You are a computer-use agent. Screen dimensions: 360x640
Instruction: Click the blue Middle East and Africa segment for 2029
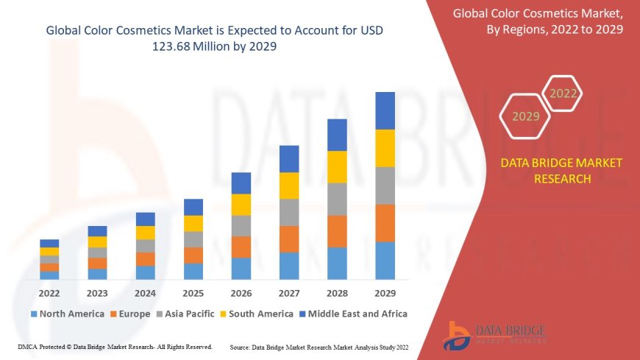coord(385,110)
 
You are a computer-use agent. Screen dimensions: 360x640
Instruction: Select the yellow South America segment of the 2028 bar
coord(337,167)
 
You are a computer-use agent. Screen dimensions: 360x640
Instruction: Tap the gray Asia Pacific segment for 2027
coord(289,212)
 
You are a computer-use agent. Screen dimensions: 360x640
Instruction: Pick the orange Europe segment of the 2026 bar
coord(241,247)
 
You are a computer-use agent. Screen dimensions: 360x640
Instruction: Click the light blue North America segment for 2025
coord(193,271)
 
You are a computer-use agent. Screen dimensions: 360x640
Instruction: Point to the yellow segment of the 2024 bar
coord(146,233)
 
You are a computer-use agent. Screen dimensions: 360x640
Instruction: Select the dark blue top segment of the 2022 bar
coord(49,243)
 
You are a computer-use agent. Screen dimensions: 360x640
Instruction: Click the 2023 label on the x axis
coord(97,292)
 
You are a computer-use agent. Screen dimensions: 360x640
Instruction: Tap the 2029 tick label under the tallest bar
coord(385,292)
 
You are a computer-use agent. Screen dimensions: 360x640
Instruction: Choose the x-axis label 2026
coord(241,292)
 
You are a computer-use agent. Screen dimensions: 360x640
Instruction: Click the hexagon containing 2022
coord(563,93)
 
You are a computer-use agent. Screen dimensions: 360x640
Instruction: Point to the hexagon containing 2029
coord(526,116)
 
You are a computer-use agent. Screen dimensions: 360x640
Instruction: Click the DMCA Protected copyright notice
coord(115,346)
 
